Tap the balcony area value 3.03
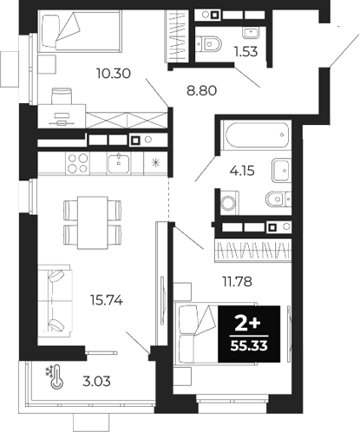[x=98, y=380]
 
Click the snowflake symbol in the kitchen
[x=155, y=161]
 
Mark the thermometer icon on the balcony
[x=57, y=377]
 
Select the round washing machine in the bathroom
[x=229, y=204]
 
